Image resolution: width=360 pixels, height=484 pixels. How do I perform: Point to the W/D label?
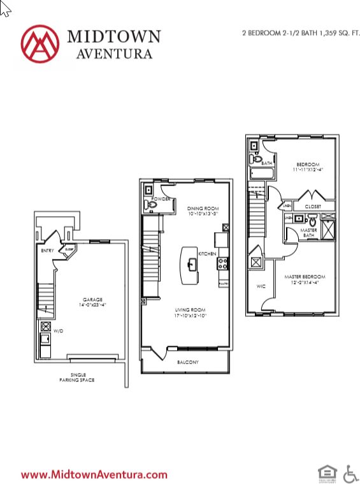click(58, 332)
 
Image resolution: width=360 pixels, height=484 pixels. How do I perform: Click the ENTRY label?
click(47, 251)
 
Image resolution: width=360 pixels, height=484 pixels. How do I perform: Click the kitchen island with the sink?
click(190, 263)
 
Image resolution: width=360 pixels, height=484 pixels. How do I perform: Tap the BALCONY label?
click(188, 363)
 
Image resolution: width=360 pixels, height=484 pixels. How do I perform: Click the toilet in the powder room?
click(148, 204)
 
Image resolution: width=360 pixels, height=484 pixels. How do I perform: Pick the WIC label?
click(260, 287)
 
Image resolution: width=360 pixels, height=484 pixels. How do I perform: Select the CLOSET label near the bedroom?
click(312, 207)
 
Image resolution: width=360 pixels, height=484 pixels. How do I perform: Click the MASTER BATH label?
click(308, 233)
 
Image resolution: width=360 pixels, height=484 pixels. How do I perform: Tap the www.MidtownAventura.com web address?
click(94, 474)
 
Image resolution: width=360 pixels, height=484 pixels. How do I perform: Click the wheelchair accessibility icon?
click(350, 473)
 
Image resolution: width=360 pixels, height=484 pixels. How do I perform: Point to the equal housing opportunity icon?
click(326, 473)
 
